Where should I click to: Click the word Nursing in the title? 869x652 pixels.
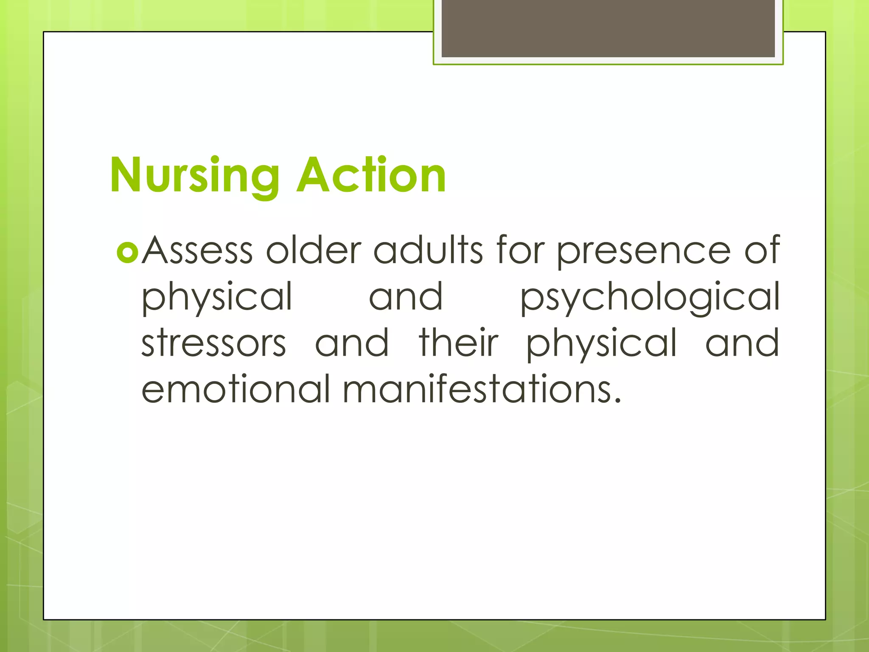(194, 175)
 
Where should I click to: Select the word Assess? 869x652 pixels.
(197, 250)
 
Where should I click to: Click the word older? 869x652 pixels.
(313, 250)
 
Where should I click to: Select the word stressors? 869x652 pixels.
(213, 343)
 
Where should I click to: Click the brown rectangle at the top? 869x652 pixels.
(608, 28)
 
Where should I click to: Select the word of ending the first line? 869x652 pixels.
(762, 250)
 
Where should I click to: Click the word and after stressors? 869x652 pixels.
(352, 343)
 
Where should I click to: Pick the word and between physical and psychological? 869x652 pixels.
(406, 297)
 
